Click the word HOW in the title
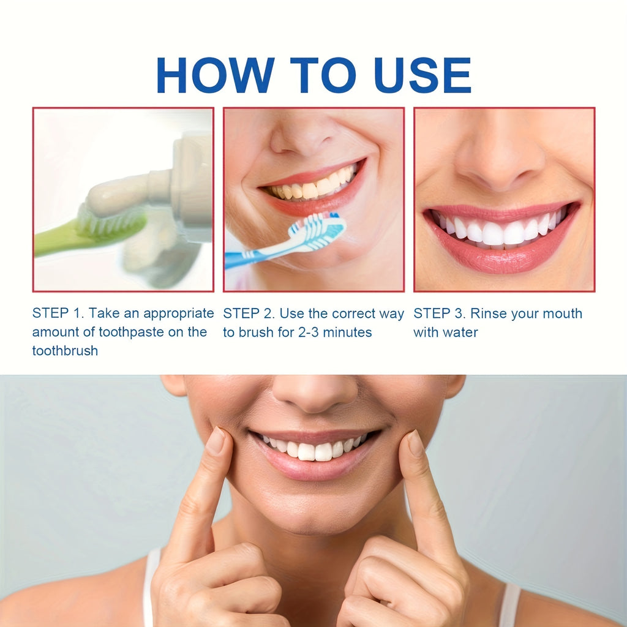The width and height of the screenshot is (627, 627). (x=214, y=75)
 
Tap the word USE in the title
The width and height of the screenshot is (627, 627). (x=422, y=75)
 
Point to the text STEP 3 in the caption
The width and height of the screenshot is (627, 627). (x=439, y=313)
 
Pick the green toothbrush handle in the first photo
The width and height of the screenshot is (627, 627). (x=55, y=241)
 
